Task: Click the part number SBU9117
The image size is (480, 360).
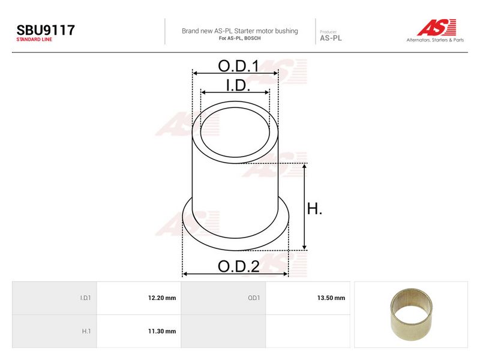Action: coord(46,30)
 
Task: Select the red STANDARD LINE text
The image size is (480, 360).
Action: coord(34,40)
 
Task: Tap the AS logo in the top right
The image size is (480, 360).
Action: coord(437,27)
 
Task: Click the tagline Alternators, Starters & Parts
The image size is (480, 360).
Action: coord(435,40)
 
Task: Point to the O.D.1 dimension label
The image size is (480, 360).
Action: coord(238,66)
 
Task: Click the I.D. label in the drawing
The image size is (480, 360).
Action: coord(238,85)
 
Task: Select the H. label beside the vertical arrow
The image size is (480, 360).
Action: coord(314,209)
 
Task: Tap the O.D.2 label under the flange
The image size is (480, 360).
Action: coord(239,266)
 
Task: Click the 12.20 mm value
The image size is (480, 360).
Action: coord(162,298)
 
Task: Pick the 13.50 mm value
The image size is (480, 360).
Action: coord(331,298)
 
